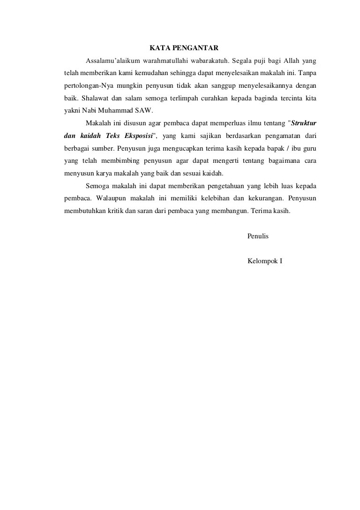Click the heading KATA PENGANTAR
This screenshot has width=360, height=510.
(x=184, y=48)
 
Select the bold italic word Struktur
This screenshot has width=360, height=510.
(x=304, y=124)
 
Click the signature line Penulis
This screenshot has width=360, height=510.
(x=258, y=236)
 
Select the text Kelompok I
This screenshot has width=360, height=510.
(x=265, y=261)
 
